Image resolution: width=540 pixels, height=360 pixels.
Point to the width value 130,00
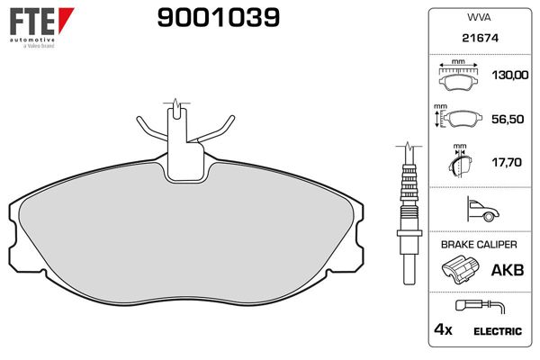(x=507, y=76)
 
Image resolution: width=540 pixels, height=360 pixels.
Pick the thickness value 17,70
(x=507, y=162)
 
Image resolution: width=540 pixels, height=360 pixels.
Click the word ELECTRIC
(x=498, y=331)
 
